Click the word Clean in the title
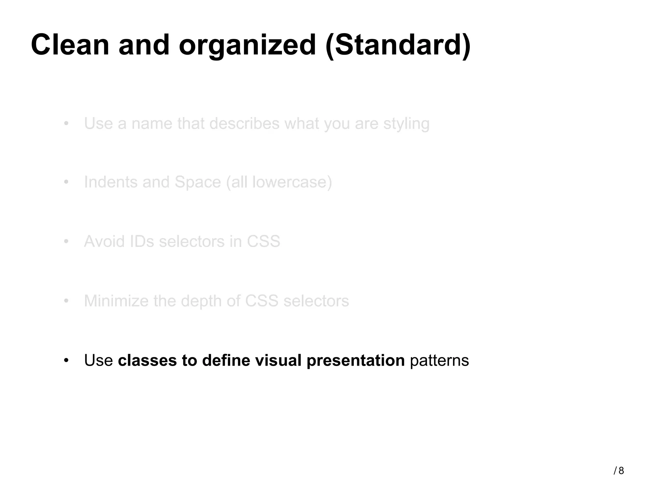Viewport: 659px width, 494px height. (x=70, y=45)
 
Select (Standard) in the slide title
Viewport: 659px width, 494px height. (x=398, y=46)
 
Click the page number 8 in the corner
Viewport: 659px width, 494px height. (x=621, y=471)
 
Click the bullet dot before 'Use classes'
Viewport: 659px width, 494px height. (x=66, y=360)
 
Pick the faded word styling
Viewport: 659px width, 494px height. (x=406, y=124)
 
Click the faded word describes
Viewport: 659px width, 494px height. (x=244, y=123)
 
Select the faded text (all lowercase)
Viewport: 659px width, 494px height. (x=279, y=183)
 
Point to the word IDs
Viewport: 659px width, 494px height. (x=142, y=242)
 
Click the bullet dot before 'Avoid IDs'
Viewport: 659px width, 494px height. (x=66, y=242)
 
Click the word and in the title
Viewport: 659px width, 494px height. (x=144, y=45)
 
